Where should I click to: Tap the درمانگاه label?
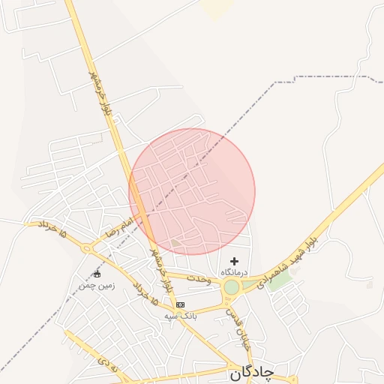click(235, 271)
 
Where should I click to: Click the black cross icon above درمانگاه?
click(235, 261)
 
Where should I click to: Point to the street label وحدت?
click(199, 279)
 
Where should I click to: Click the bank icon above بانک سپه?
click(180, 304)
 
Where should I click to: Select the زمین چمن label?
click(94, 285)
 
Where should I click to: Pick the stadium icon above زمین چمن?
click(96, 274)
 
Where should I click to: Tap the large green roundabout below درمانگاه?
click(232, 287)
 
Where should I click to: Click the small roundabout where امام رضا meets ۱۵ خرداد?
click(89, 247)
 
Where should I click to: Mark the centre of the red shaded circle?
click(192, 192)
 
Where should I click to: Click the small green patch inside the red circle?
click(175, 242)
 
